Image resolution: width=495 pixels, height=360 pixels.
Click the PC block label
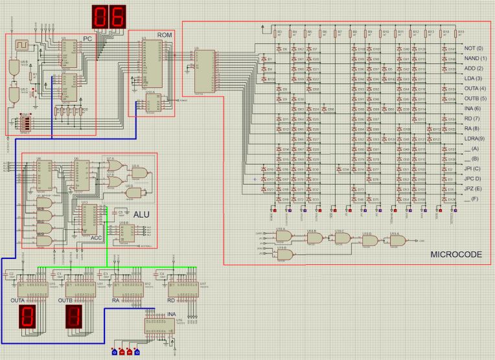pyautogui.click(x=87, y=39)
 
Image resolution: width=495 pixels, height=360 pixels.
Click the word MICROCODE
pyautogui.click(x=456, y=255)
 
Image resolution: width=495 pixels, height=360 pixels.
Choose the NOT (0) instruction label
pyautogui.click(x=474, y=49)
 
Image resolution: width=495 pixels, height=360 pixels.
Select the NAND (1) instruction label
pyautogui.click(x=475, y=58)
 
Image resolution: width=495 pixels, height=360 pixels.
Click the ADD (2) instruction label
pyautogui.click(x=474, y=68)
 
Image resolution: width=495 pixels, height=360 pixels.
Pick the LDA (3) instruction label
pyautogui.click(x=474, y=78)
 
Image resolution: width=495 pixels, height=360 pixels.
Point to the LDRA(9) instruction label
pyautogui.click(x=475, y=139)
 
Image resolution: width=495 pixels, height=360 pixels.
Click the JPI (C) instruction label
pyautogui.click(x=473, y=168)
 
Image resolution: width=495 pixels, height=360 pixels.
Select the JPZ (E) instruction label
pyautogui.click(x=473, y=188)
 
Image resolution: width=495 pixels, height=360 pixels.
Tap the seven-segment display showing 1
pyautogui.click(x=73, y=317)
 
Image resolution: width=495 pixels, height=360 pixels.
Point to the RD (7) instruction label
pyautogui.click(x=472, y=118)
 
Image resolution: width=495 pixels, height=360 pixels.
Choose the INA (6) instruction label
pyautogui.click(x=473, y=108)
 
